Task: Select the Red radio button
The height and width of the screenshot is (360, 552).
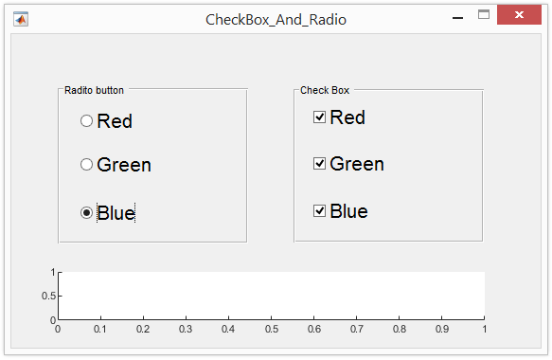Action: click(x=87, y=121)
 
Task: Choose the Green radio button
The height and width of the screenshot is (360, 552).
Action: click(x=87, y=165)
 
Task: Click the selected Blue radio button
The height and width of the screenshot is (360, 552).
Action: click(x=87, y=213)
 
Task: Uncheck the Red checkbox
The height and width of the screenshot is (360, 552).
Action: click(x=320, y=117)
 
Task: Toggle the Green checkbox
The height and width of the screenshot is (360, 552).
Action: click(x=320, y=164)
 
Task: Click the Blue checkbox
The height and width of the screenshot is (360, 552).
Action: click(x=320, y=211)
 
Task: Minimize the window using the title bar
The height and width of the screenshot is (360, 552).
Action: click(x=457, y=17)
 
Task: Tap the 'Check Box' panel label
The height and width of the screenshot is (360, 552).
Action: click(x=325, y=91)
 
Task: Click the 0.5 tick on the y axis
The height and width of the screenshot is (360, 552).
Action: click(x=46, y=297)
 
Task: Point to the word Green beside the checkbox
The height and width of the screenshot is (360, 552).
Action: click(x=357, y=164)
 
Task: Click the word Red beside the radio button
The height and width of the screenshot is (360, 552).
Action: click(x=115, y=121)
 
